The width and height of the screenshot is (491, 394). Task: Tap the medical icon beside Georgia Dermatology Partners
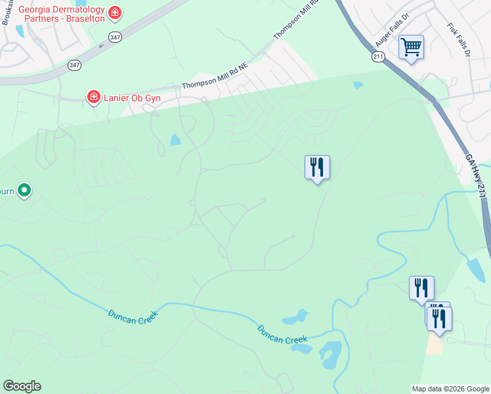click(x=116, y=12)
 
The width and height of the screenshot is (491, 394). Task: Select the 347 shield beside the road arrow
click(x=116, y=37)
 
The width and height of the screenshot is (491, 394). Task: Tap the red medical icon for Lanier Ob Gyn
click(x=94, y=98)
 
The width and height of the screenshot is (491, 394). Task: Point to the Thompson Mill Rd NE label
click(x=214, y=76)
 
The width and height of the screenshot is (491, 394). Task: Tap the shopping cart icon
click(x=411, y=47)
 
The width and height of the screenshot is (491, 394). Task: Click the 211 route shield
click(x=378, y=58)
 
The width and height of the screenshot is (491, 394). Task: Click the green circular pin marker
click(x=24, y=190)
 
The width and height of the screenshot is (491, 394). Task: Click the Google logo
click(x=22, y=386)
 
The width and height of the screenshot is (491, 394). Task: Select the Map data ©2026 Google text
click(x=450, y=389)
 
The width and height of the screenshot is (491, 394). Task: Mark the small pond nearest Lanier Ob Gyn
click(x=175, y=139)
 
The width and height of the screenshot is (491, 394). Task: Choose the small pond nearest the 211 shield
click(x=358, y=85)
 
